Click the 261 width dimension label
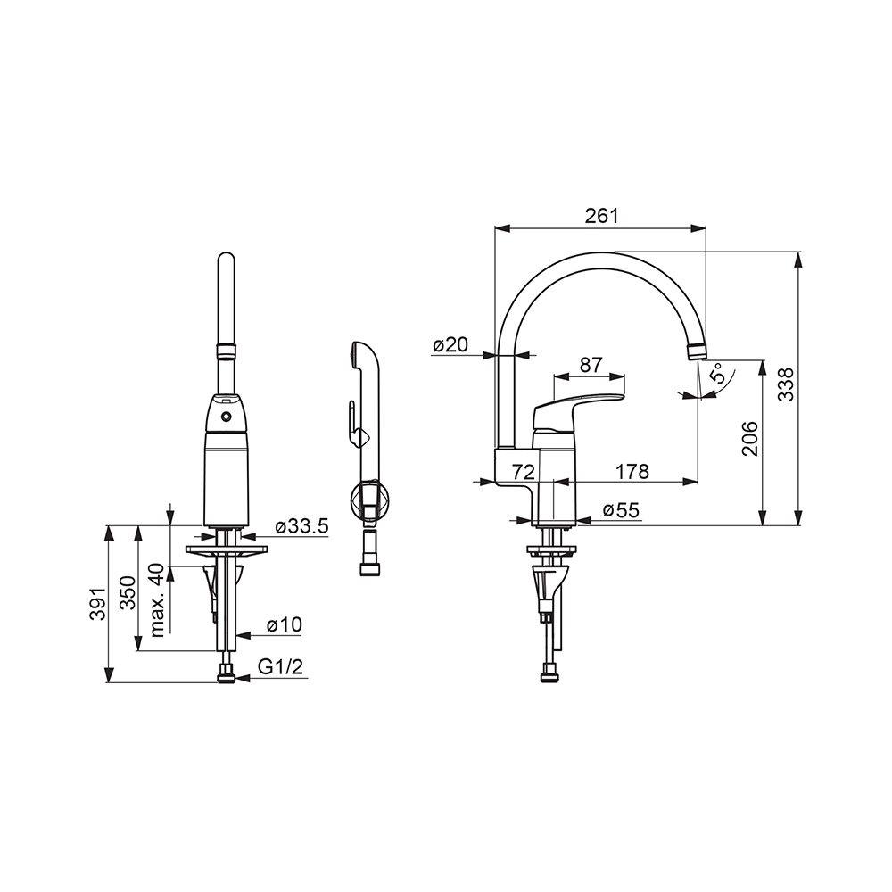click(x=601, y=216)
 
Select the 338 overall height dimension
click(x=786, y=384)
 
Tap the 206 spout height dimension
click(x=750, y=438)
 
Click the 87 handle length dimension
click(x=591, y=365)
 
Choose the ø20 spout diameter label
click(x=450, y=344)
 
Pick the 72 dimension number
click(x=524, y=471)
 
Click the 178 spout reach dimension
click(x=632, y=471)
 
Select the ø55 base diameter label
click(x=621, y=509)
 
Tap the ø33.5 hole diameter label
click(x=302, y=526)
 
